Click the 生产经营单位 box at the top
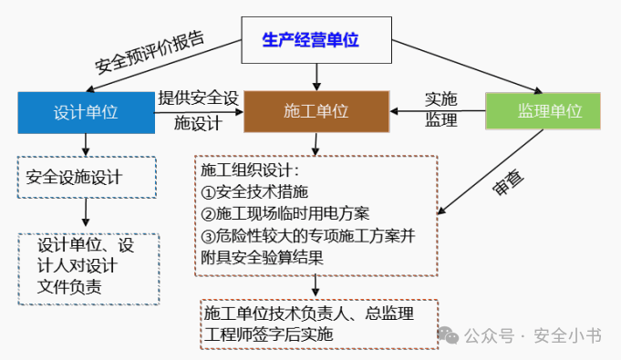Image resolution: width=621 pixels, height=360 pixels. pyautogui.click(x=310, y=40)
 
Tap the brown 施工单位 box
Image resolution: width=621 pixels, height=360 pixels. pyautogui.click(x=316, y=111)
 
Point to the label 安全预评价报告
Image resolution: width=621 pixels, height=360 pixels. pyautogui.click(x=150, y=54)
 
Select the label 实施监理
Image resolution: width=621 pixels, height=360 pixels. pyautogui.click(x=441, y=109)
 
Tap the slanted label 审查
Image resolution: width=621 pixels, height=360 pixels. pyautogui.click(x=508, y=182)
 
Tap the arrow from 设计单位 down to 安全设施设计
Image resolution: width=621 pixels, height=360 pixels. pyautogui.click(x=86, y=144)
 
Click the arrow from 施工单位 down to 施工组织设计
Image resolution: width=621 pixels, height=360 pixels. pyautogui.click(x=316, y=144)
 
